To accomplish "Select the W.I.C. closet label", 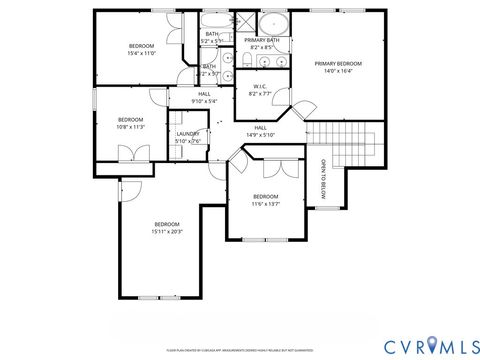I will (260, 86).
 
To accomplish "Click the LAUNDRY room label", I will (188, 134).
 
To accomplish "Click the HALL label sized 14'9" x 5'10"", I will (260, 128).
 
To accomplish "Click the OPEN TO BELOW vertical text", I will (323, 179).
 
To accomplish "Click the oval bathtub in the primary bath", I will (272, 25).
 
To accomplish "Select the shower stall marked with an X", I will (244, 22).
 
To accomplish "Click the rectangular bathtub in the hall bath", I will (211, 21).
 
